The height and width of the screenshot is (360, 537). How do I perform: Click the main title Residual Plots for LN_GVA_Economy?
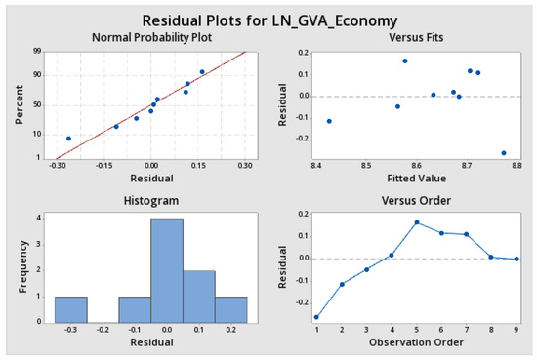[x=268, y=20]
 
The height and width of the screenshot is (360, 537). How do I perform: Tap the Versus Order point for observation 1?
[x=316, y=317]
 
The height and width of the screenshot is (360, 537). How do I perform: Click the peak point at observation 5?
[x=416, y=222]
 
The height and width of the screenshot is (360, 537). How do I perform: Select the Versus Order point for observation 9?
[x=516, y=260]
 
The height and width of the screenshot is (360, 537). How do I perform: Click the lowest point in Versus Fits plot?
[x=504, y=153]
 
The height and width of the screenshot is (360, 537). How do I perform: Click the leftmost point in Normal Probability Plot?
[x=68, y=139]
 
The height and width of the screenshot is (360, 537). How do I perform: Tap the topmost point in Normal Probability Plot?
[x=202, y=71]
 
